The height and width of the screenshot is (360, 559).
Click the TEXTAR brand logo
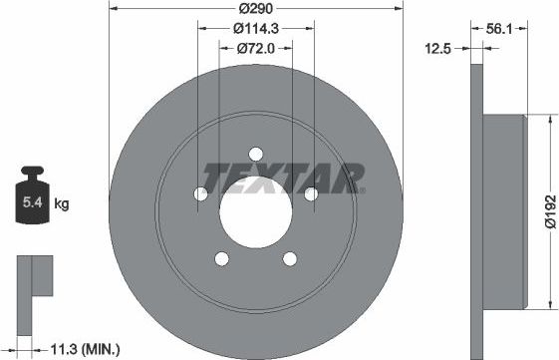coord(283,178)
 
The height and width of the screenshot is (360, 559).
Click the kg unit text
coord(63,204)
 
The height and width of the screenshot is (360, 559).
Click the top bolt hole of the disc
coord(255,154)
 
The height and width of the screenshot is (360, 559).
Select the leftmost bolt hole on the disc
coord(199,193)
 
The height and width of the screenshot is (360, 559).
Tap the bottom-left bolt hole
coord(220,259)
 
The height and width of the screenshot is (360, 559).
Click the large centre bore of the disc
coord(254,211)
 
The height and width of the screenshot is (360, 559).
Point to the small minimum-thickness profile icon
coord(34,276)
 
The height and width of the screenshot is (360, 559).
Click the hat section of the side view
coord(502,210)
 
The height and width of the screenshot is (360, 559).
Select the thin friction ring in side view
coord(475,210)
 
